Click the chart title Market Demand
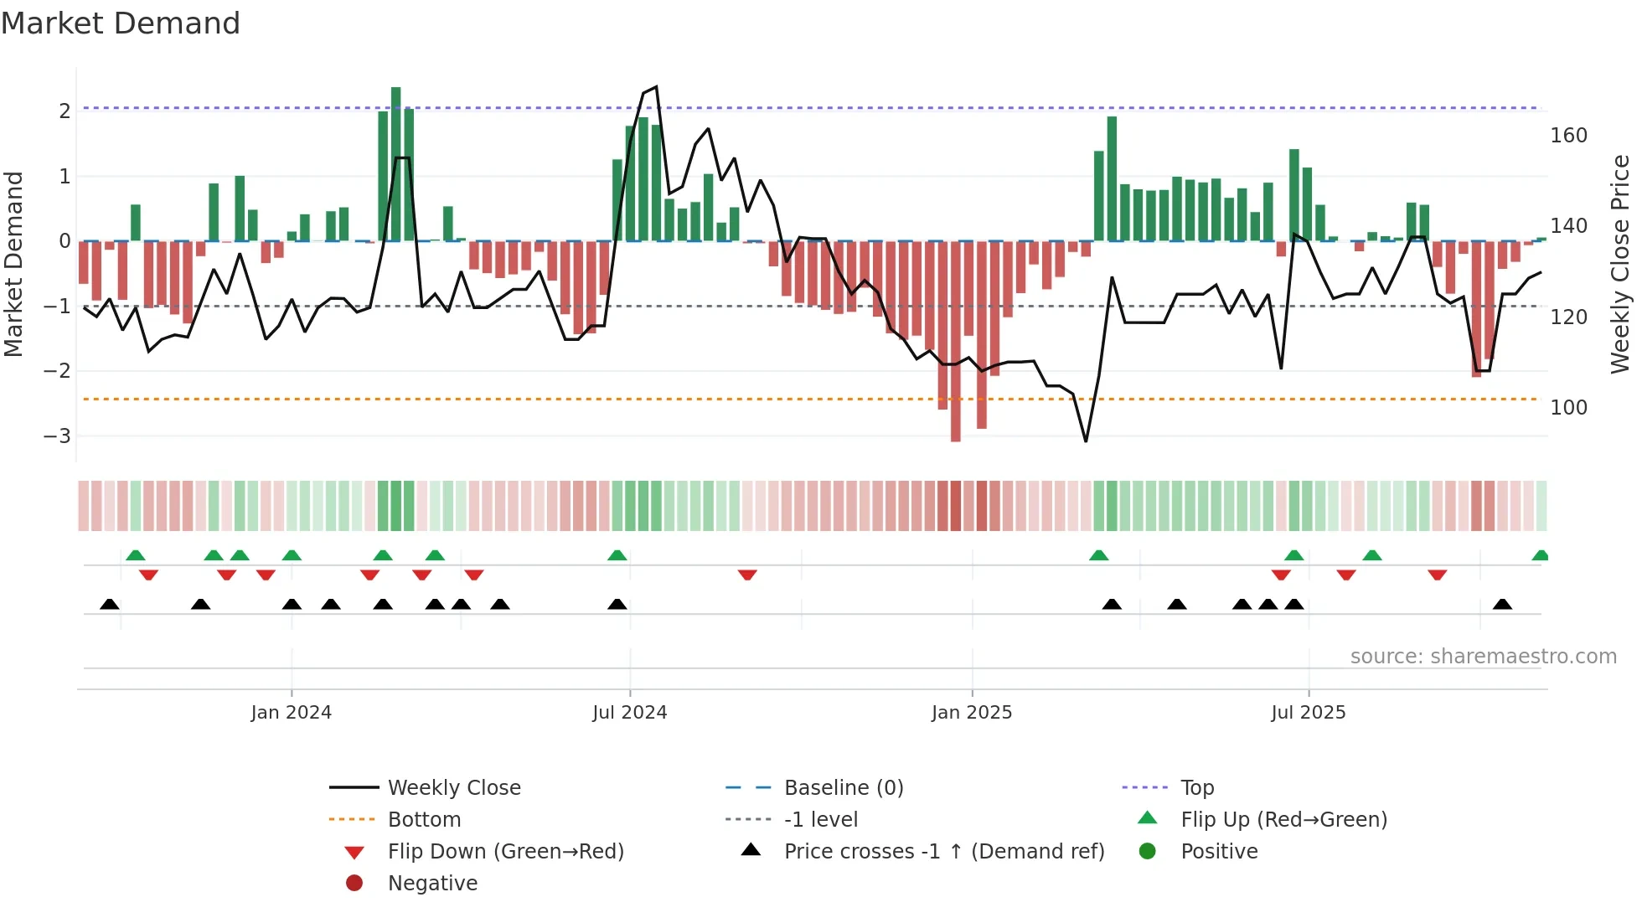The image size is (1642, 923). [x=121, y=23]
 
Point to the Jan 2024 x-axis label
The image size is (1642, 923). [x=291, y=712]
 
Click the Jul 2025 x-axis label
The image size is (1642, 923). [x=1308, y=712]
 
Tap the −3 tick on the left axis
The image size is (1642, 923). [x=58, y=436]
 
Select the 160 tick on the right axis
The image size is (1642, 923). [x=1568, y=136]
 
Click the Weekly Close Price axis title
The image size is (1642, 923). [x=1620, y=264]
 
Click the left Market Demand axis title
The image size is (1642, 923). [x=13, y=264]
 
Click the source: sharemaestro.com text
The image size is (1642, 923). [x=1483, y=656]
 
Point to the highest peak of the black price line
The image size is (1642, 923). [x=656, y=87]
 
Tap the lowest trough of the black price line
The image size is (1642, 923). [x=1086, y=441]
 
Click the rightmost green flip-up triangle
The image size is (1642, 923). [x=1540, y=555]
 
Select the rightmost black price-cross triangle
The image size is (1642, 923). [x=1502, y=604]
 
